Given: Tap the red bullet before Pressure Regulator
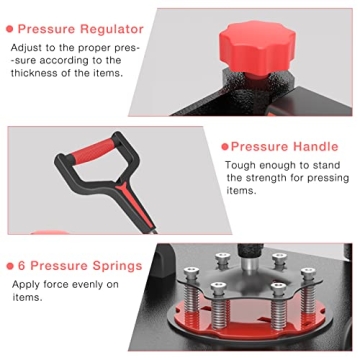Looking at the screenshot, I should (9, 29).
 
